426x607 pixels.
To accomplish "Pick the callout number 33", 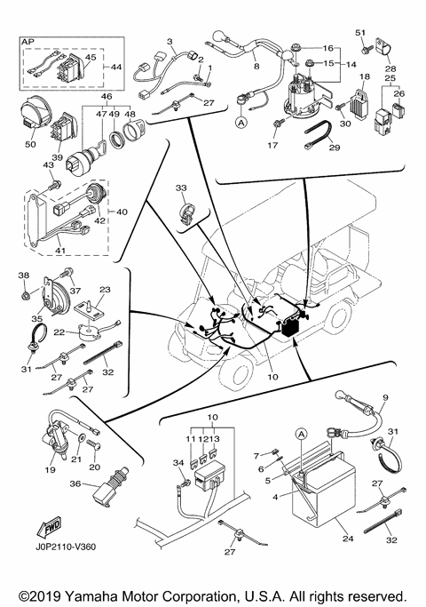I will click(x=182, y=188).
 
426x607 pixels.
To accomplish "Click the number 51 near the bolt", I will click(x=360, y=33).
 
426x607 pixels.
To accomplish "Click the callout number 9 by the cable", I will click(x=385, y=396).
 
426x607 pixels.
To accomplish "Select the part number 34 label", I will click(x=177, y=463).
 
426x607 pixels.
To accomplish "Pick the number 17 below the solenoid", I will click(x=274, y=143).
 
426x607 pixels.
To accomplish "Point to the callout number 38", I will click(x=24, y=275).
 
